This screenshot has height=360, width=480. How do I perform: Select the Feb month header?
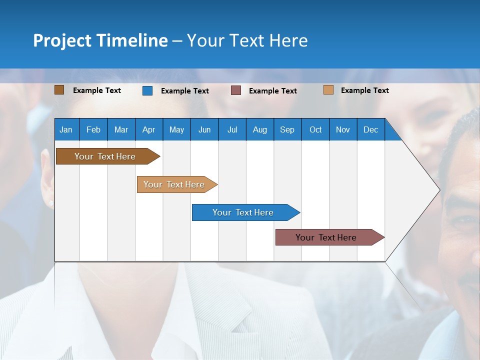93,129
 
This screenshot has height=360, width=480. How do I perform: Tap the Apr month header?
149,129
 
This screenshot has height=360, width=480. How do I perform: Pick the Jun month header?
204,129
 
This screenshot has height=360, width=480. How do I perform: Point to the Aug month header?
260,129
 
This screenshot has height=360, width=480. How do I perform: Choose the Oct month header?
315,129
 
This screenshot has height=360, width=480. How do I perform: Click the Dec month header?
370,129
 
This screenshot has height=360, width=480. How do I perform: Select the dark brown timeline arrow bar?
108,156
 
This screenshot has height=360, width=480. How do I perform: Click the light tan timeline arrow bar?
177,184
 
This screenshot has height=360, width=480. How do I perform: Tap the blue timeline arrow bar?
246,212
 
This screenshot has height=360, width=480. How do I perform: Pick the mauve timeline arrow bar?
330,237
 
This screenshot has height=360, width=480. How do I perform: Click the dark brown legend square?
59,90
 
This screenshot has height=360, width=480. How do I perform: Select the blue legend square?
147,90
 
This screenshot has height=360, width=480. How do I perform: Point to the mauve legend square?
235,90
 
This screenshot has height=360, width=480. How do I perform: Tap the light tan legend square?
328,90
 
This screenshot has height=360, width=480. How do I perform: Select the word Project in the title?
62,41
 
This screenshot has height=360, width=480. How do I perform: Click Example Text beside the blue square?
185,91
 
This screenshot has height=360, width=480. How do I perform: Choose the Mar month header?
121,129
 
